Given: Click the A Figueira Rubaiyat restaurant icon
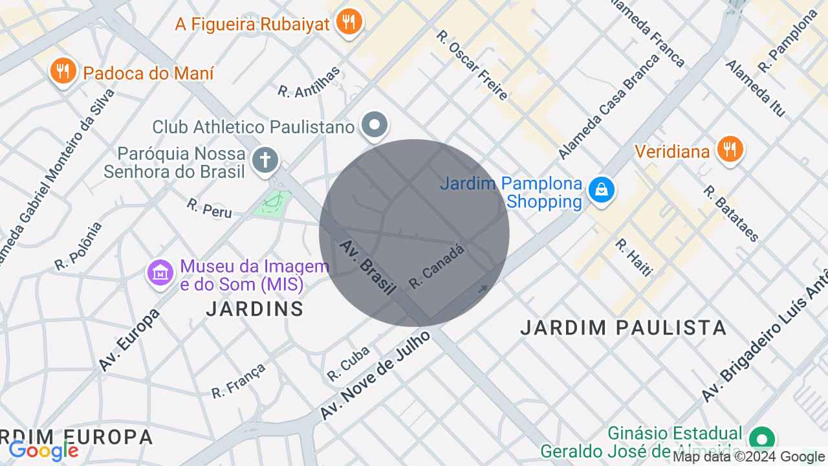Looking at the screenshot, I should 349,23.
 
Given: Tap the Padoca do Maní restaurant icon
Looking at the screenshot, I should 63,71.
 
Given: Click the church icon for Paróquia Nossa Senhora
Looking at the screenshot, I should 265,160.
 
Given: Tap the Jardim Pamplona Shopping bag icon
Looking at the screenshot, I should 602,190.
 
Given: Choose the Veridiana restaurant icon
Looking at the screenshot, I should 730,150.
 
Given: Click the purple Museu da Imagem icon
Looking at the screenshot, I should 160,272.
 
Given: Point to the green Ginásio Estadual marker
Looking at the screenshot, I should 762,440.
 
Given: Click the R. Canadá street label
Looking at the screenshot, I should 437,267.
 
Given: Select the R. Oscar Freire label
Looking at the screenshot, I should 472,65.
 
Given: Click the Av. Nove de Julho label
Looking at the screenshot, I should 375,375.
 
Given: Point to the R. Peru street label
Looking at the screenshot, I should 209,208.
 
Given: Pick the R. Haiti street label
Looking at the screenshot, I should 633,258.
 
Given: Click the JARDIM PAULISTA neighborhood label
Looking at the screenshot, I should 624,328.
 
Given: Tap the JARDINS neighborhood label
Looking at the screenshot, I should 255,309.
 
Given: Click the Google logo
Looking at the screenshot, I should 43,450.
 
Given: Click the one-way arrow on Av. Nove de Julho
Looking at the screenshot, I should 483,289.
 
